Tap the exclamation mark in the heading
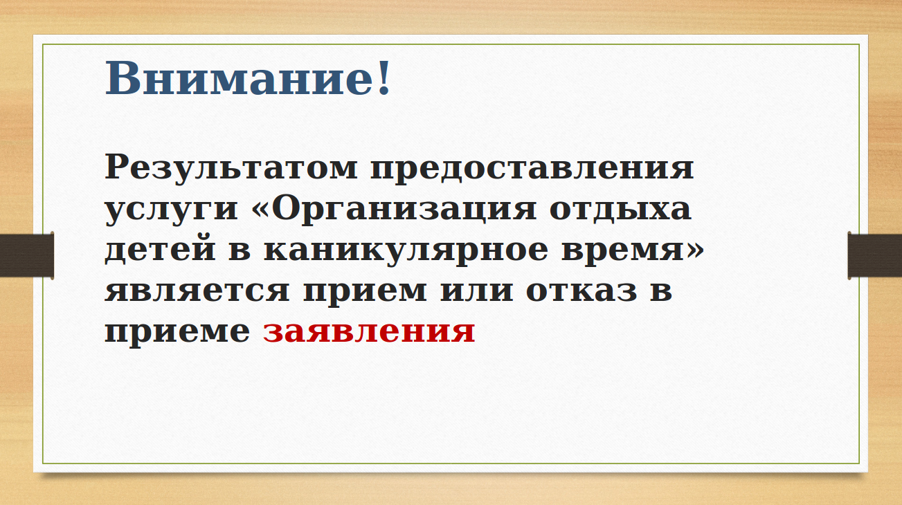(384, 77)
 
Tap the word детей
(161, 250)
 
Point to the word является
(197, 291)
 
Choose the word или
(477, 291)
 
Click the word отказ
(581, 291)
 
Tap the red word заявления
(369, 331)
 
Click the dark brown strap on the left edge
(27, 255)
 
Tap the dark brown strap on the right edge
(874, 255)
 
